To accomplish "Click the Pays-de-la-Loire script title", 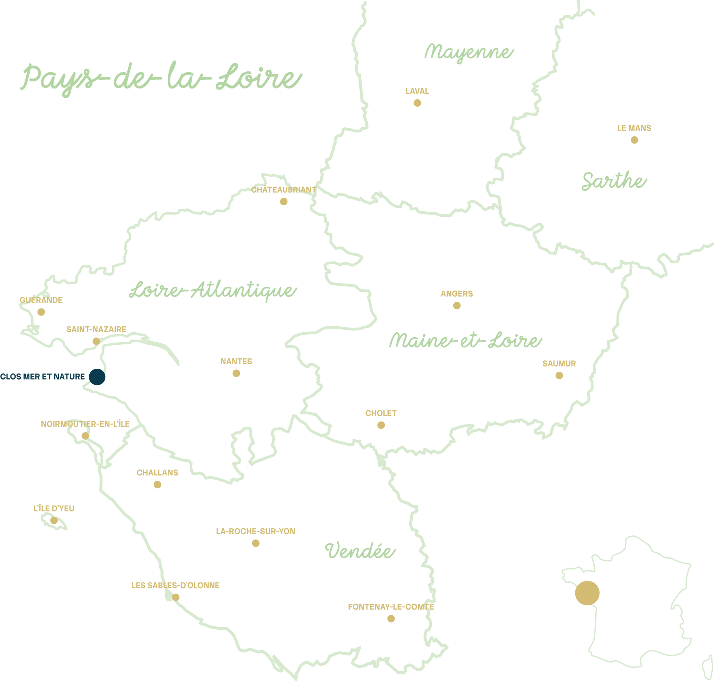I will [160, 78].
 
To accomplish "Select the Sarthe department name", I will [614, 181].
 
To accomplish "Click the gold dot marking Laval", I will [416, 103].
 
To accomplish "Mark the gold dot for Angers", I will [457, 306].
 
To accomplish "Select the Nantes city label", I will [236, 361].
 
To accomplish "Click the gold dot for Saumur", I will [559, 375].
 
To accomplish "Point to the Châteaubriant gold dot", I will [283, 203].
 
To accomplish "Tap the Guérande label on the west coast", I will [41, 299].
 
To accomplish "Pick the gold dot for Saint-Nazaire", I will [96, 340].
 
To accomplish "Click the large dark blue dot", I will [97, 377].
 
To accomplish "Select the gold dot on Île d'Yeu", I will [53, 520].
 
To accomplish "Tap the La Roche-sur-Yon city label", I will [256, 530].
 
